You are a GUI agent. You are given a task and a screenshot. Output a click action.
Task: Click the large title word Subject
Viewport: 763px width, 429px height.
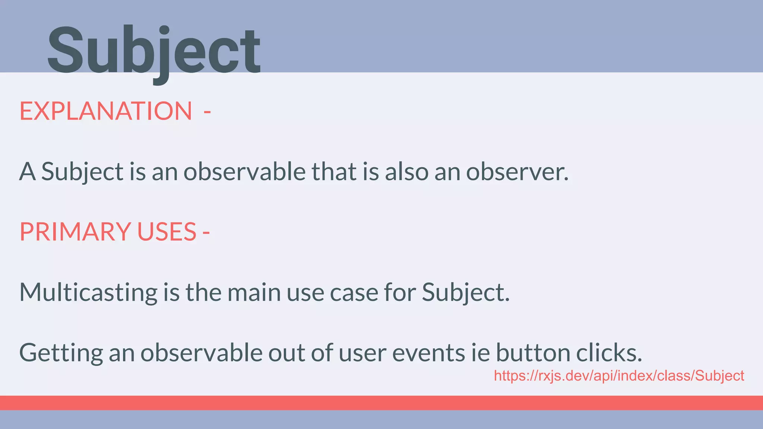click(x=153, y=50)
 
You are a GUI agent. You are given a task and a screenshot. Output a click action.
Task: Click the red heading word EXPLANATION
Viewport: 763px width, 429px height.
click(x=106, y=111)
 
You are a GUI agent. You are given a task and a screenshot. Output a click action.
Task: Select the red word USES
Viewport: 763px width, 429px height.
click(x=167, y=232)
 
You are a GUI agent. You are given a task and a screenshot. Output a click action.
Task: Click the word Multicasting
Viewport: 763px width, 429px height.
click(x=88, y=292)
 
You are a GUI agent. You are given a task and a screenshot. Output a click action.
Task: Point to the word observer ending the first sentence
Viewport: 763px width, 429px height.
click(x=517, y=172)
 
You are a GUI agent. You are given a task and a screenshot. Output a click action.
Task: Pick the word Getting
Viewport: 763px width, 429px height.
click(x=61, y=353)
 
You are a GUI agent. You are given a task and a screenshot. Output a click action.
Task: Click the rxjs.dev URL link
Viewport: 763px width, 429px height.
click(x=619, y=376)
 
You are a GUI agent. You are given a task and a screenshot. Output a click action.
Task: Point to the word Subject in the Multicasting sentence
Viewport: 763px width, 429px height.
click(x=465, y=292)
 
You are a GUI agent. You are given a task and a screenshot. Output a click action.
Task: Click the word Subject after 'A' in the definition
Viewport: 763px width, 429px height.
click(x=82, y=172)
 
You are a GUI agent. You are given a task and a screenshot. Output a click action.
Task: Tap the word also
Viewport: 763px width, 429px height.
click(x=406, y=172)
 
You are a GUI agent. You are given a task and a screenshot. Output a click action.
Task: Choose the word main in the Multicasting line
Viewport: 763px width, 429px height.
click(x=254, y=292)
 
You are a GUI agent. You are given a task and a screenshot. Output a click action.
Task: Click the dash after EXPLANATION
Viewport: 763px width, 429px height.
click(x=207, y=112)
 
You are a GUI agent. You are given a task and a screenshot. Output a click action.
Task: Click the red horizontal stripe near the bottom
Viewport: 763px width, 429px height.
click(x=381, y=403)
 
